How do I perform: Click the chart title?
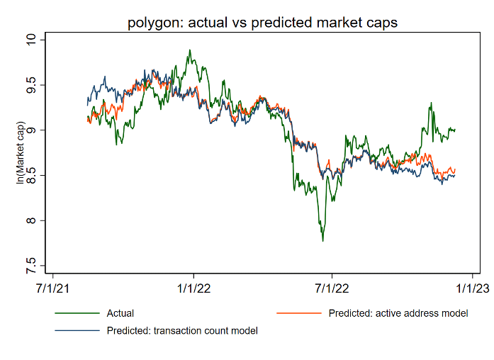tap(262, 23)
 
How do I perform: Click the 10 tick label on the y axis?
tap(30, 40)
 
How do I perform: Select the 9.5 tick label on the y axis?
tap(30, 85)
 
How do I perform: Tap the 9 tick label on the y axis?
tap(30, 130)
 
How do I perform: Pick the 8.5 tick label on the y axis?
tap(30, 176)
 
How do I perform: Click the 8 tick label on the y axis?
tap(30, 221)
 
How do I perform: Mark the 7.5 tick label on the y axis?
tap(30, 266)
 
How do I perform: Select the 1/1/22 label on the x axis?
tap(194, 289)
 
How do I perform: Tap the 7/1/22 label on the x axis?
tap(332, 289)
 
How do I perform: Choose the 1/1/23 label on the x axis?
tap(471, 289)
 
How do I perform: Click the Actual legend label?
tap(120, 313)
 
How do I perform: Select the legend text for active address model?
tap(398, 313)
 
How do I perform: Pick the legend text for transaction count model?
tap(182, 330)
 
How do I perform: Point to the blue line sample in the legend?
tap(75, 330)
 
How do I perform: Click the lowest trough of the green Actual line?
tap(323, 241)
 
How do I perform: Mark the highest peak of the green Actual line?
tap(190, 50)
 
